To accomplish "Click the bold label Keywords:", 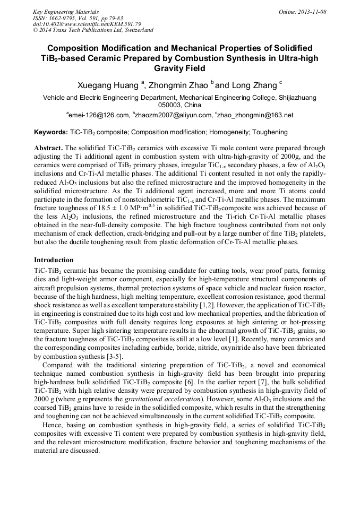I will click(50, 132).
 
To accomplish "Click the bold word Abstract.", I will click(48, 148).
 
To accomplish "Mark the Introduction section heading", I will click(54, 260).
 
